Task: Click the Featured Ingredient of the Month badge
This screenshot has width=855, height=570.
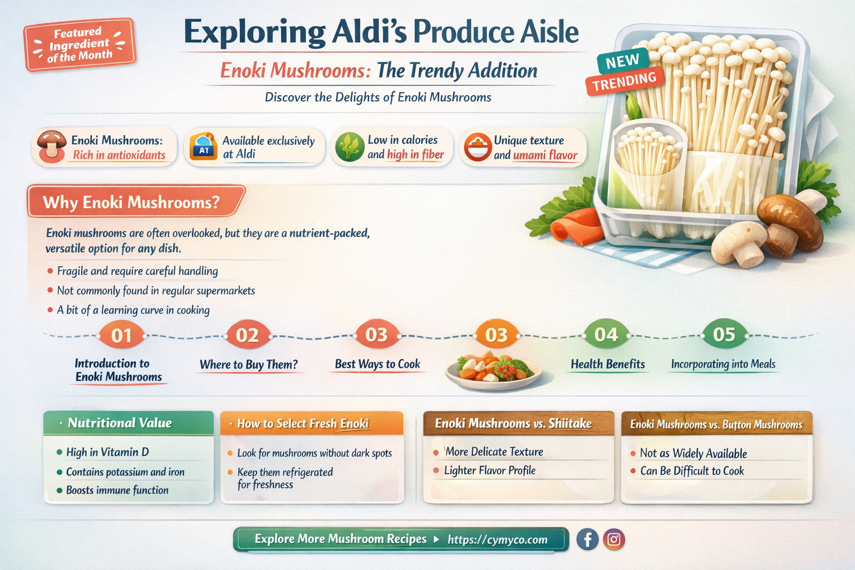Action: [x=79, y=44]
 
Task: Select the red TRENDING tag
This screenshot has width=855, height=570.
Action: [x=625, y=82]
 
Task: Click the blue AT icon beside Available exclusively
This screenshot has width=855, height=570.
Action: [x=204, y=148]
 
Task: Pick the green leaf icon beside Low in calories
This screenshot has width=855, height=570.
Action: [x=350, y=147]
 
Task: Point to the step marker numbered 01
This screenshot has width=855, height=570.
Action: [x=121, y=336]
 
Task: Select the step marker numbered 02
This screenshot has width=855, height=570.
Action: [x=247, y=336]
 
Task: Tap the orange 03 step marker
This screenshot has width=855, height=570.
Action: [x=496, y=335]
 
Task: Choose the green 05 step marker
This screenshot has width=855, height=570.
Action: [x=724, y=335]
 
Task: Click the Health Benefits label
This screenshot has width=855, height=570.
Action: [x=608, y=364]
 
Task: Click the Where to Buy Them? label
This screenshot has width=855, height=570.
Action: [x=249, y=365]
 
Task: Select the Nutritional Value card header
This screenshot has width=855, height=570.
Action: [x=128, y=423]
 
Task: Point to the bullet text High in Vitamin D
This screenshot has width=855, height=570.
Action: [x=107, y=452]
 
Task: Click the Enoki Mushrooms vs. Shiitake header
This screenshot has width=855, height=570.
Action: [x=513, y=424]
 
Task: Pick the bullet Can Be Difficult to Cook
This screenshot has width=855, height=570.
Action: [x=692, y=471]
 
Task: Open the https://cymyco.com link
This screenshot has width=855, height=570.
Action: [x=497, y=539]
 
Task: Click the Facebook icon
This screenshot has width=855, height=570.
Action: [x=587, y=539]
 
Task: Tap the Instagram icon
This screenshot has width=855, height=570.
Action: [x=613, y=539]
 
